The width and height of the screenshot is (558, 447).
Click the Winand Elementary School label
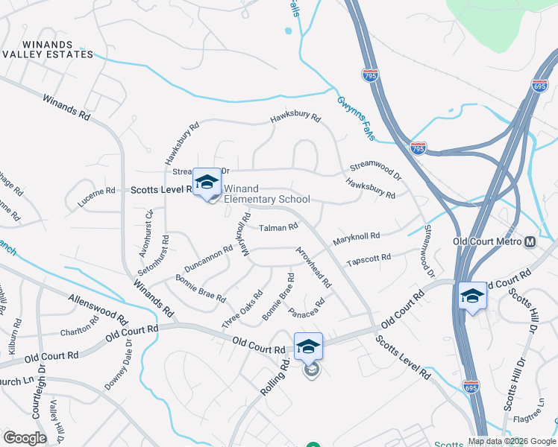click(267, 194)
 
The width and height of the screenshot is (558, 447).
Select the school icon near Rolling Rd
click(308, 347)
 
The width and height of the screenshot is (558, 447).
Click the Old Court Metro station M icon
click(530, 242)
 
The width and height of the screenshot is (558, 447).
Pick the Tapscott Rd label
click(369, 259)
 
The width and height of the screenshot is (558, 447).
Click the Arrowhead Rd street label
click(313, 267)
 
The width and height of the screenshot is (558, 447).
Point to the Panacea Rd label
click(307, 306)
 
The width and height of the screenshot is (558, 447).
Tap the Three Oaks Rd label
click(242, 309)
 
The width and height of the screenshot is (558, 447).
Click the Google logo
click(25, 438)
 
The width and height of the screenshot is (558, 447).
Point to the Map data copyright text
click(511, 441)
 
